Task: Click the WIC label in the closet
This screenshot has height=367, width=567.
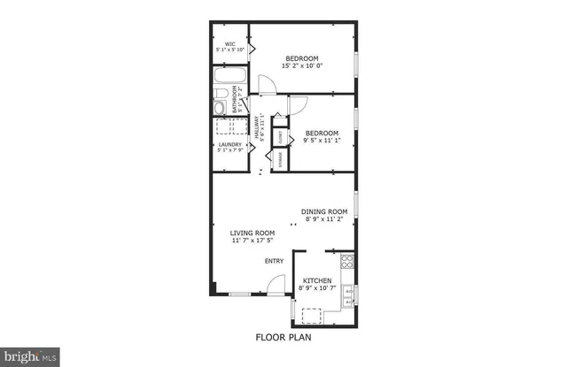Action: point(229,43)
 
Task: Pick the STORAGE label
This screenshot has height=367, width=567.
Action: point(280,161)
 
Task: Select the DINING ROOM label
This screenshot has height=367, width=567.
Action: point(324,211)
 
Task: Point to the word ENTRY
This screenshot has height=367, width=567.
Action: point(274,261)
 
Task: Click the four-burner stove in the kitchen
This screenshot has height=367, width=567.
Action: point(348,262)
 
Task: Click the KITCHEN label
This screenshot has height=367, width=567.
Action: point(316,280)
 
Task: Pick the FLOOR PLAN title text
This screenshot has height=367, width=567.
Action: point(283,337)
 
